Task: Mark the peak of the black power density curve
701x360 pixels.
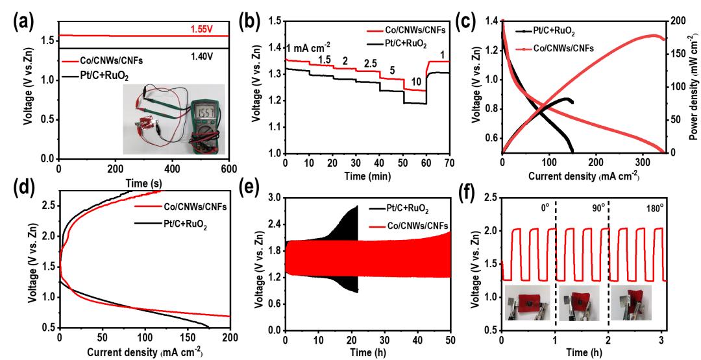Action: [569, 99]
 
